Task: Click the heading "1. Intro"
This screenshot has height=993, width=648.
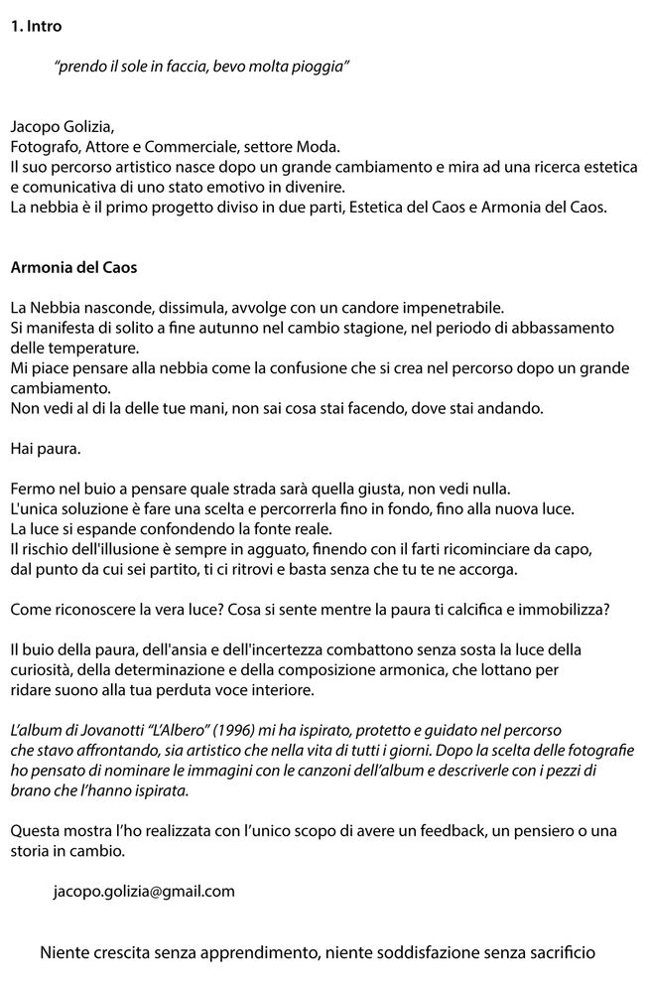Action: coord(36,27)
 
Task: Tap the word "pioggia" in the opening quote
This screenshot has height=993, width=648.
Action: coord(321,66)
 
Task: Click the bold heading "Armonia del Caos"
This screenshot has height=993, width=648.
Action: coord(73,267)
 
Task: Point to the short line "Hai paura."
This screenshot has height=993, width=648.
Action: coord(45,448)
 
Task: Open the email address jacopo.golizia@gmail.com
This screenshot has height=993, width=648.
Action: coord(144,891)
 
